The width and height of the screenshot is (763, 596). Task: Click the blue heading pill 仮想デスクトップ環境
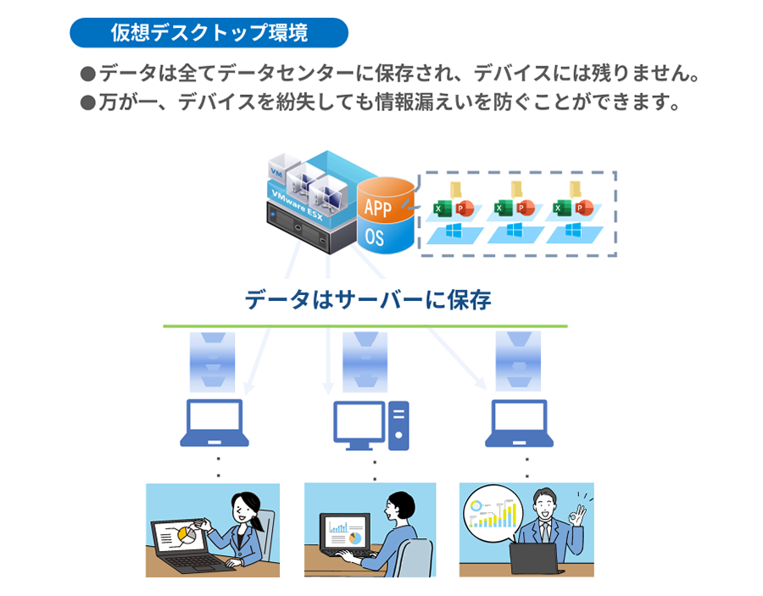tap(209, 33)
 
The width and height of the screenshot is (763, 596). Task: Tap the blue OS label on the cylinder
tap(375, 237)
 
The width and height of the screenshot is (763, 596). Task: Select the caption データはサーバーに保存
tap(367, 300)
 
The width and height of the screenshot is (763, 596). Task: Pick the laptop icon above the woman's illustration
tap(214, 423)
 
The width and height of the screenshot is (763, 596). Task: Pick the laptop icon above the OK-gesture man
tap(519, 423)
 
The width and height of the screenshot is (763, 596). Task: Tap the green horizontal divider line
tap(365, 326)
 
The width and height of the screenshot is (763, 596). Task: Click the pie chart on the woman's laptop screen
tap(188, 537)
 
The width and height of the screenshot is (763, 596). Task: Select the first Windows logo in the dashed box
tap(451, 231)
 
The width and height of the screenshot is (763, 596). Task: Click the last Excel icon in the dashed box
tap(560, 208)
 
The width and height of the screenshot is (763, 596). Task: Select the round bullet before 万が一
tap(86, 103)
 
